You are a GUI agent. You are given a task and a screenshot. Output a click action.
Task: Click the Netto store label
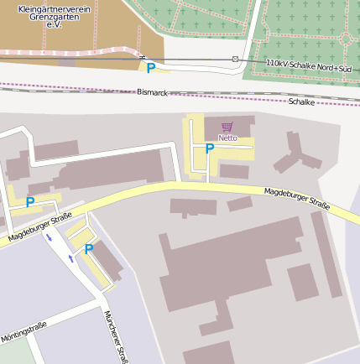[227, 138]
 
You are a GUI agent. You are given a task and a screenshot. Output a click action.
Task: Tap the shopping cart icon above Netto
[227, 127]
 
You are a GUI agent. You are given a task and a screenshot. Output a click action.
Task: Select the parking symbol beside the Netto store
[210, 148]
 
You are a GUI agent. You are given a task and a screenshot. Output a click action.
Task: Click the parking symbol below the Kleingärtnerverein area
[151, 69]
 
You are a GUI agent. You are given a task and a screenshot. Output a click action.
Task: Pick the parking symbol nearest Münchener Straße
[88, 249]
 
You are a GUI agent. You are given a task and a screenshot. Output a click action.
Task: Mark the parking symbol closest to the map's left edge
[30, 202]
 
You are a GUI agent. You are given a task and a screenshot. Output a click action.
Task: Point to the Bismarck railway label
[152, 92]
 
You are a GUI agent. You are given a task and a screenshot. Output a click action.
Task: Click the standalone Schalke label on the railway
[301, 101]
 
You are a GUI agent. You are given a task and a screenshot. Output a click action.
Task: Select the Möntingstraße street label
[23, 331]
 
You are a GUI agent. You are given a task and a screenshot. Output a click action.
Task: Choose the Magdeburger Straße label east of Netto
[296, 199]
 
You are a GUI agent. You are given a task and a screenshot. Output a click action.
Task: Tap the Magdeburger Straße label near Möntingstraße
[40, 229]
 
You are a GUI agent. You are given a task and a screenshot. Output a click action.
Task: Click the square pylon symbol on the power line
[235, 60]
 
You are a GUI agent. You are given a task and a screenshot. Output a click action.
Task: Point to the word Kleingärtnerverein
[54, 9]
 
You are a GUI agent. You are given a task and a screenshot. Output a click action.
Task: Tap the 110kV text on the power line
[277, 63]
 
